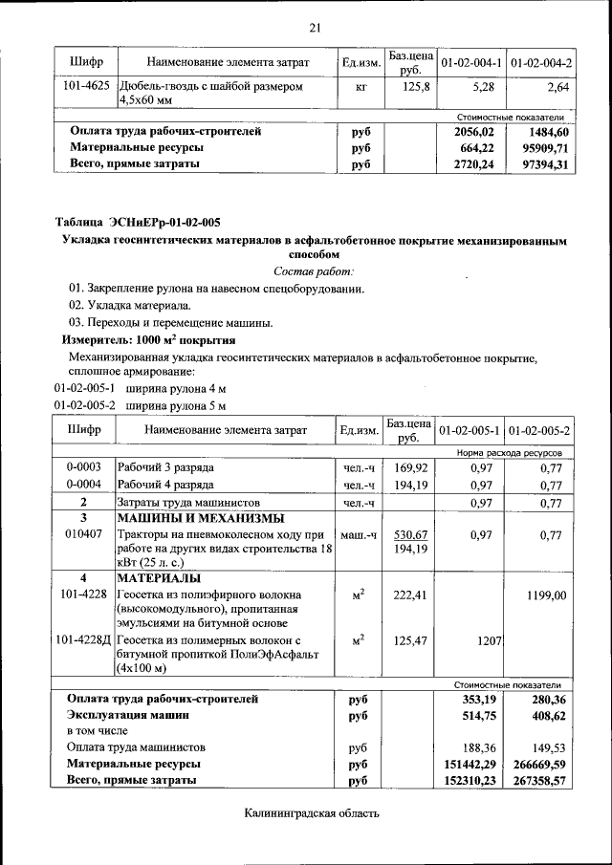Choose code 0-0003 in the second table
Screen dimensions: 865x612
84,468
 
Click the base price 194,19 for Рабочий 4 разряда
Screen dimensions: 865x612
410,485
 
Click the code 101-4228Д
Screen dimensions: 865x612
84,639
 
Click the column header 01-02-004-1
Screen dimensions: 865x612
470,62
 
